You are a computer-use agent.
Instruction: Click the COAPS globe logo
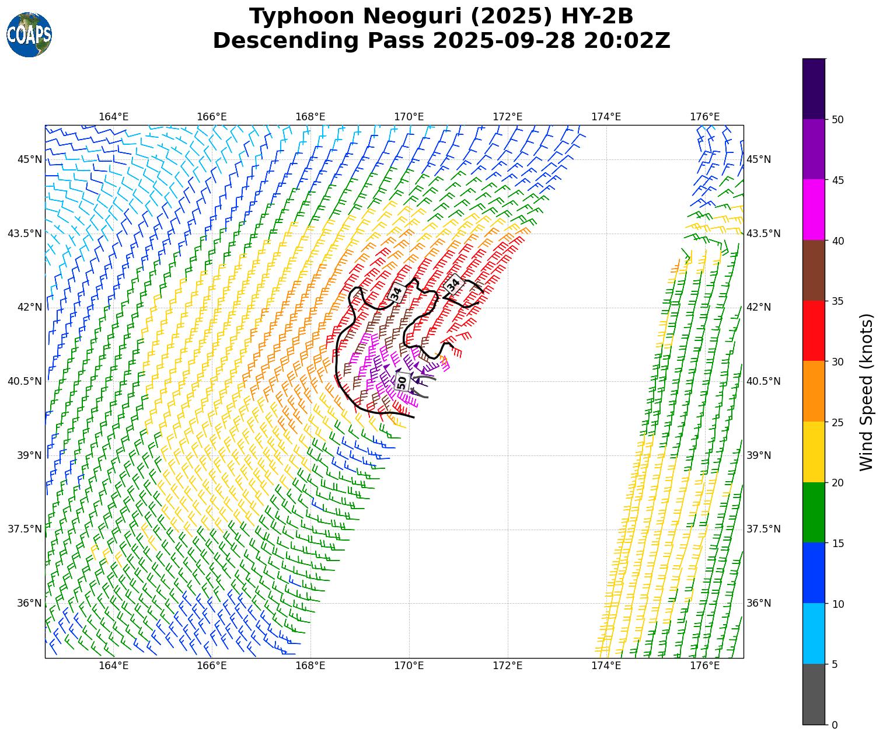[x=29, y=35]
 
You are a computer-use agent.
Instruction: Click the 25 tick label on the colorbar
[x=837, y=422]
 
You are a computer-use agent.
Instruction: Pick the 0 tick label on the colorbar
[x=835, y=725]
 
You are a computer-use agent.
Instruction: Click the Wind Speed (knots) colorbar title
[x=867, y=392]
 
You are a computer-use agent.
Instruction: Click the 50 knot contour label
[x=402, y=382]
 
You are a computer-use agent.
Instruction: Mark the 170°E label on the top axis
[x=409, y=117]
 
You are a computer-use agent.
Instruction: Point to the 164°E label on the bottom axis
[x=113, y=666]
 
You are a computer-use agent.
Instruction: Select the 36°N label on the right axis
[x=759, y=603]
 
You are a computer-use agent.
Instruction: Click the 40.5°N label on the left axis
[x=25, y=381]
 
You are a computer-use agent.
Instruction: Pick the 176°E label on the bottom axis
[x=704, y=666]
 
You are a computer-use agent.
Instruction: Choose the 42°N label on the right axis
[x=759, y=307]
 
